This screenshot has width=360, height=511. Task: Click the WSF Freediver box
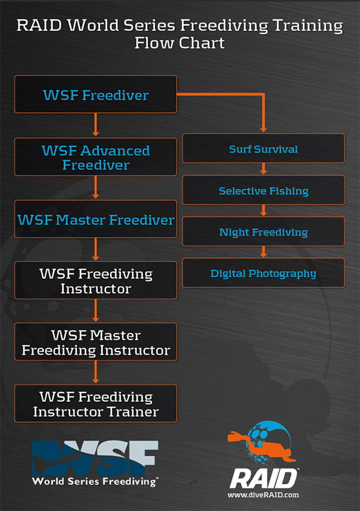click(x=96, y=94)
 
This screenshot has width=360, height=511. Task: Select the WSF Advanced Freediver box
click(x=96, y=157)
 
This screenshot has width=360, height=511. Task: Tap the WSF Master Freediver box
click(x=96, y=219)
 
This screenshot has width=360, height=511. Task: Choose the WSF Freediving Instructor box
click(x=96, y=280)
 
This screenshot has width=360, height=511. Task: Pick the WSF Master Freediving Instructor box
click(x=96, y=342)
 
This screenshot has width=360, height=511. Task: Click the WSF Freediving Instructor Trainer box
click(x=96, y=404)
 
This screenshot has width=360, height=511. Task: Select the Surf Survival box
click(x=263, y=148)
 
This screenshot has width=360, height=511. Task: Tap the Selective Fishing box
click(x=263, y=190)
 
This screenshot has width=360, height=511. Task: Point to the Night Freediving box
click(x=263, y=231)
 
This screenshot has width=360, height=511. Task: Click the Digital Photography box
click(x=263, y=273)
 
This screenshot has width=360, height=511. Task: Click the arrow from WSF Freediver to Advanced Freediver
click(x=96, y=125)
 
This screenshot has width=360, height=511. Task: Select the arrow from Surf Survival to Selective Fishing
click(x=263, y=169)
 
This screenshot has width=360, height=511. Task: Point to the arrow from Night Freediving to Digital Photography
click(x=263, y=252)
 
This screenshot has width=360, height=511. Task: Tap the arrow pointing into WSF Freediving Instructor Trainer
click(x=96, y=372)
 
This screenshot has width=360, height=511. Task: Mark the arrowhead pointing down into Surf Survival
click(x=263, y=130)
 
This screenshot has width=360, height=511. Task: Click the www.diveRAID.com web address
click(x=263, y=495)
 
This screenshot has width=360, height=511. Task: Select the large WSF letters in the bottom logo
click(x=95, y=458)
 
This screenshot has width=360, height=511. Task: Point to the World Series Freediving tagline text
click(x=95, y=482)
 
